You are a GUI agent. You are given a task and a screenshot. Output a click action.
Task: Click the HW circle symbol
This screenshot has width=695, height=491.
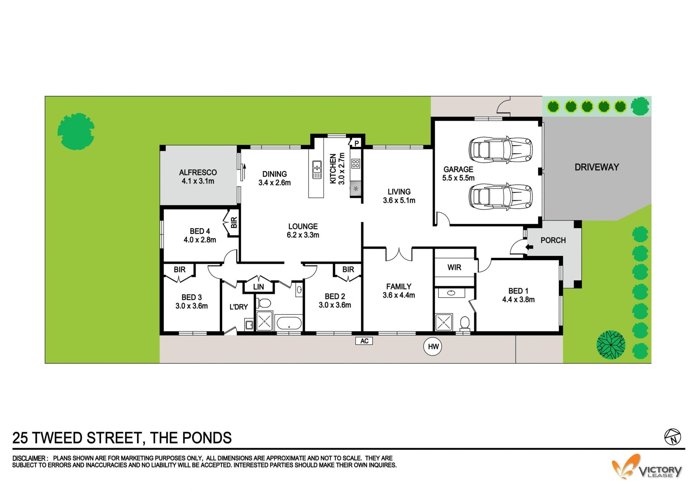coord(433,347)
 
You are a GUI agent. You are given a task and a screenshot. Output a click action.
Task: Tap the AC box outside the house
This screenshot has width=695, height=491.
coord(364,341)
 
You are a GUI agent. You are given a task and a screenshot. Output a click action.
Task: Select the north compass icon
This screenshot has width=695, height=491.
coord(673,437)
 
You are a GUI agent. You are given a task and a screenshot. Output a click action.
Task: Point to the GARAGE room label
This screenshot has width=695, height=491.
coord(458,169)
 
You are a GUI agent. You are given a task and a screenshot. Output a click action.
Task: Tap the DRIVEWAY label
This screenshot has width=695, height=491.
coord(597,167)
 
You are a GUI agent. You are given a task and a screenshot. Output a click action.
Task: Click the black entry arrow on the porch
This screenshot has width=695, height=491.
coord(529,247)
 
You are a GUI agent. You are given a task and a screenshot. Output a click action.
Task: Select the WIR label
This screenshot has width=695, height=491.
coord(454,267)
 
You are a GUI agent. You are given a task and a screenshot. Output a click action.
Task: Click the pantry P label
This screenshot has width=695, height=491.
coord(357,143)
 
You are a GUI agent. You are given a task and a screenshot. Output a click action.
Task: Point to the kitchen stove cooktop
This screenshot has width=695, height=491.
coord(355,164)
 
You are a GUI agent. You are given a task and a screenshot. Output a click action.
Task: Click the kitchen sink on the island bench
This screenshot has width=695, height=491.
coord(317,169)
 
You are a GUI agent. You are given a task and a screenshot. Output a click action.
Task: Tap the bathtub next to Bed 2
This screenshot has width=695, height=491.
coord(288,322)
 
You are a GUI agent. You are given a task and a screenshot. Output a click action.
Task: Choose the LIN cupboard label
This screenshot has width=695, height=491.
coord(258,287)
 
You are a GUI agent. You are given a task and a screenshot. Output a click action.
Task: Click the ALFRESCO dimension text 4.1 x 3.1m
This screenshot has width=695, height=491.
coord(198,181)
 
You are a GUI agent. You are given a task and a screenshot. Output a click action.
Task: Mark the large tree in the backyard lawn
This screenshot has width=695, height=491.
coord(76,131)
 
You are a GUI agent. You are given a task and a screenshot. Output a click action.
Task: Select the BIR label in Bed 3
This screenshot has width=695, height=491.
coord(180,270)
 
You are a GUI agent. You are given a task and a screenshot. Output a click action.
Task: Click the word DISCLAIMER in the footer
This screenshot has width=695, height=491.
coord(29,458)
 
